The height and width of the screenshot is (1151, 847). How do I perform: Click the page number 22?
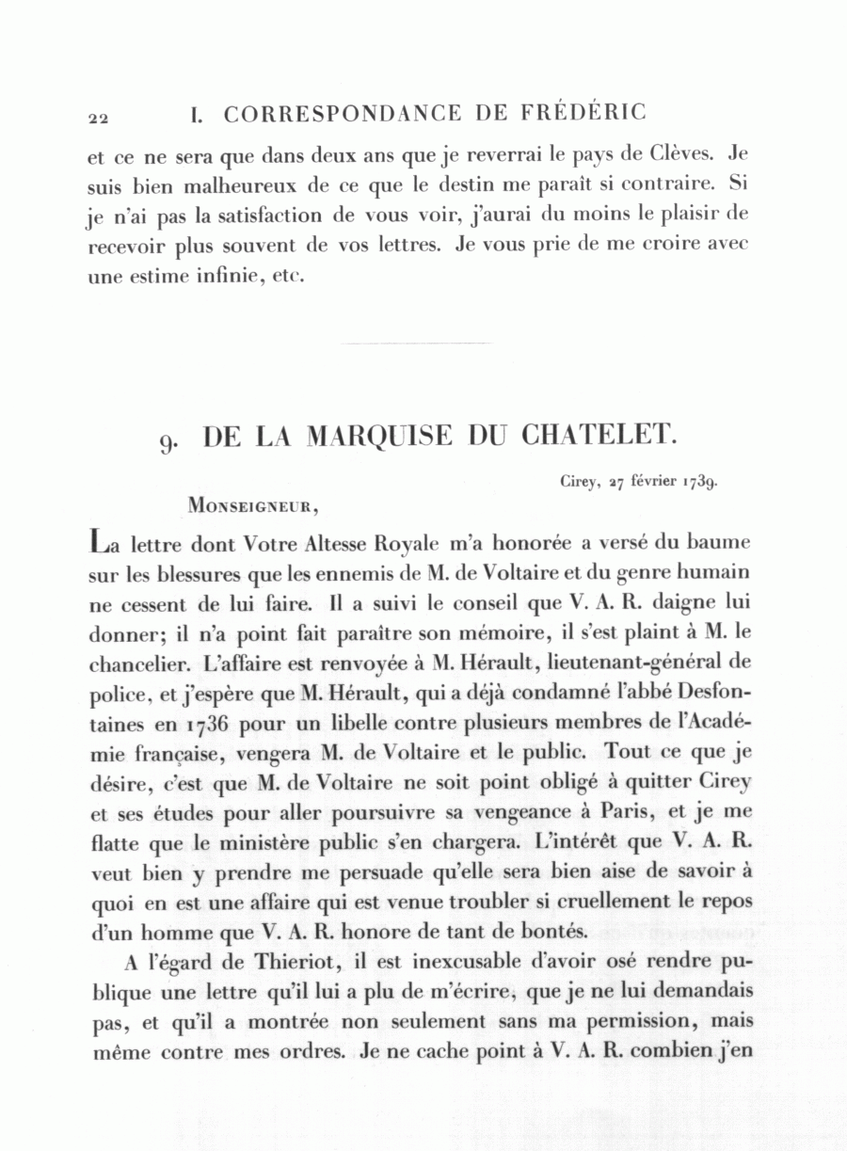click(99, 119)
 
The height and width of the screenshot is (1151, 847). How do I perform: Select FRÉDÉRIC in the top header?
click(583, 113)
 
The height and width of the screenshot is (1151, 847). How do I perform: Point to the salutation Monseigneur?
click(253, 504)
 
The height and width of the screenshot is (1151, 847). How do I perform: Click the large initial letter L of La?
click(98, 542)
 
